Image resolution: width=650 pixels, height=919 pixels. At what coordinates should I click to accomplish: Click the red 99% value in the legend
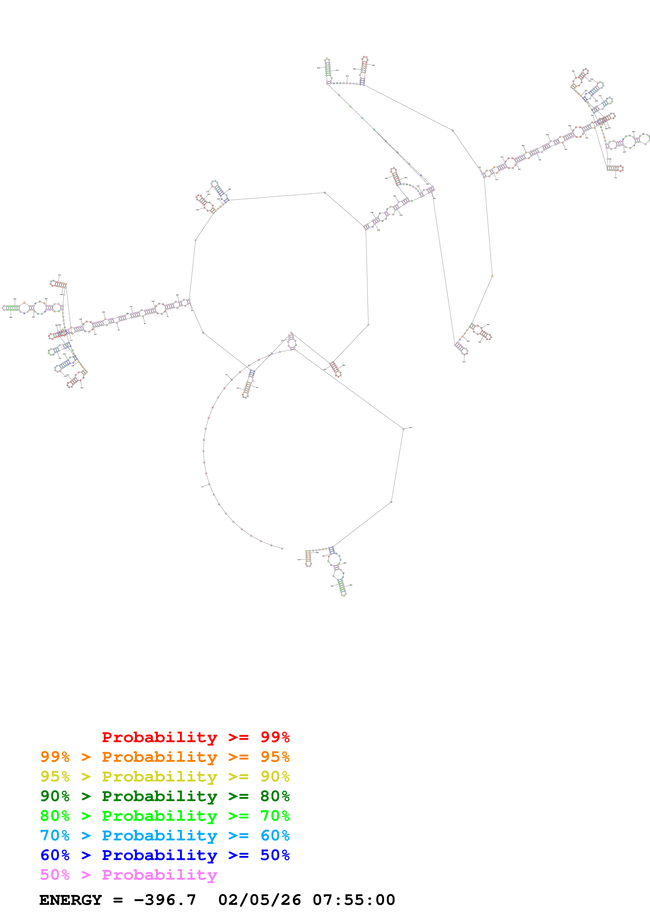point(275,737)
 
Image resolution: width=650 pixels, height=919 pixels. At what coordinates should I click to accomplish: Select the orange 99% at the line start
point(55,757)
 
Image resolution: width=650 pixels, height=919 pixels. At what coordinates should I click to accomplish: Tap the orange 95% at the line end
point(275,757)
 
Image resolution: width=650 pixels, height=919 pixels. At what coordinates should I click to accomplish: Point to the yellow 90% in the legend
point(275,776)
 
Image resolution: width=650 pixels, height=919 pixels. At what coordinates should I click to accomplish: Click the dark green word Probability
point(159,796)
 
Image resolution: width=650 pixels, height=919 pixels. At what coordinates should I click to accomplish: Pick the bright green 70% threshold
point(275,815)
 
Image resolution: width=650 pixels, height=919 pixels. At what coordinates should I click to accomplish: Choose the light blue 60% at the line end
point(275,835)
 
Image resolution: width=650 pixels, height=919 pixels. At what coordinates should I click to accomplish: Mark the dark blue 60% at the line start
point(55,855)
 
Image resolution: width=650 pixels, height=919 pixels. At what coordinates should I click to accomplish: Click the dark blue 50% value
point(275,855)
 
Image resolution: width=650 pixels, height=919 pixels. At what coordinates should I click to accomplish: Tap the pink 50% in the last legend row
point(55,874)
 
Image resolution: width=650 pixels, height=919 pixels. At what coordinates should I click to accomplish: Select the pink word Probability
point(159,874)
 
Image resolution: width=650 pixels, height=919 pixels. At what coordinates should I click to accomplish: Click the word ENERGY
point(71,899)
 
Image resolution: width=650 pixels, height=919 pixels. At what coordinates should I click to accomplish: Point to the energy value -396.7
point(165,899)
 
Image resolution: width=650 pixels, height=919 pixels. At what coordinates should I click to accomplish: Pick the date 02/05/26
point(259,899)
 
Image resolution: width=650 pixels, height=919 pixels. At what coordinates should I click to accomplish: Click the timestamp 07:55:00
point(354,899)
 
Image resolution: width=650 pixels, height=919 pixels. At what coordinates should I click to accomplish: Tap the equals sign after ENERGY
point(118,899)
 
